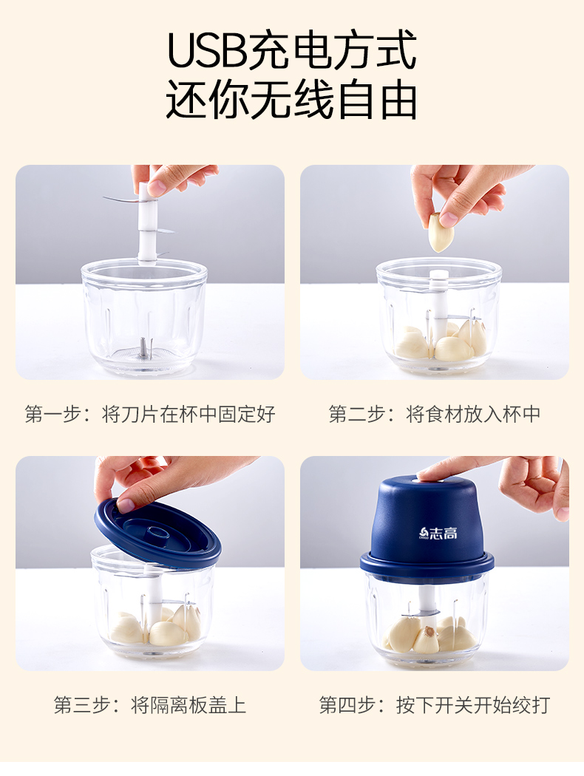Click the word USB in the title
point(208,50)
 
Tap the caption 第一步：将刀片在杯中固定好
point(150,414)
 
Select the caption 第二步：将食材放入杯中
point(435,414)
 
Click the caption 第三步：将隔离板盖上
point(150,705)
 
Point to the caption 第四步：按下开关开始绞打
point(435,705)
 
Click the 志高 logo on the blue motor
point(438,533)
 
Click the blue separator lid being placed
point(157,533)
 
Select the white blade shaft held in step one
point(147,222)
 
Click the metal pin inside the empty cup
point(143,347)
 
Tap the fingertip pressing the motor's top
point(427,476)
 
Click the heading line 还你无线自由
point(291,101)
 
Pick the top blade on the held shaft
point(123,200)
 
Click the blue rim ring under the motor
point(427,564)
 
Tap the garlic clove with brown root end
point(427,639)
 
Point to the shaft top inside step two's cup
point(438,276)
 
